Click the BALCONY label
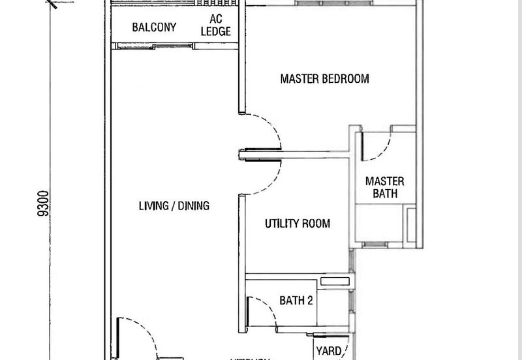[x=153, y=27]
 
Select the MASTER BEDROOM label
[x=324, y=79]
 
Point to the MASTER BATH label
[x=384, y=187]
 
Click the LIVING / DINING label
[x=174, y=206]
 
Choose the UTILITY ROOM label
[x=297, y=224]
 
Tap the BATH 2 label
[x=297, y=301]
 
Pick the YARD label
[x=328, y=352]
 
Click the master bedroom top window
[x=333, y=3]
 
